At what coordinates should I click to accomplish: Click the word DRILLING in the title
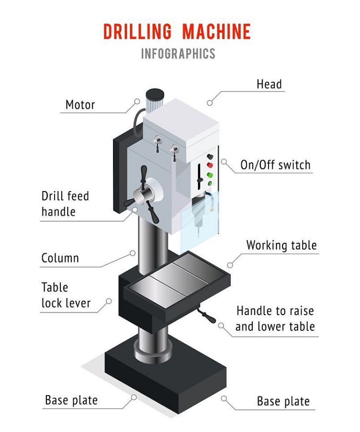pyautogui.click(x=137, y=32)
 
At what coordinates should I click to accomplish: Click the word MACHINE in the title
pyautogui.click(x=216, y=32)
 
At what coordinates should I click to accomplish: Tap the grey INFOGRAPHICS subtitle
pyautogui.click(x=178, y=54)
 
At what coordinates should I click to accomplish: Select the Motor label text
pyautogui.click(x=80, y=104)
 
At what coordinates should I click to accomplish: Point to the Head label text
pyautogui.click(x=269, y=84)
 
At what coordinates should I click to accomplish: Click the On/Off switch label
pyautogui.click(x=275, y=165)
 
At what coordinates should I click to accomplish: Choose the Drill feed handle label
pyautogui.click(x=65, y=204)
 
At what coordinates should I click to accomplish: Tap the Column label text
pyautogui.click(x=60, y=258)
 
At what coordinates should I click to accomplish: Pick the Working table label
pyautogui.click(x=281, y=246)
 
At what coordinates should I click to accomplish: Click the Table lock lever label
pyautogui.click(x=66, y=295)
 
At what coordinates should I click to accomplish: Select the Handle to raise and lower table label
pyautogui.click(x=275, y=318)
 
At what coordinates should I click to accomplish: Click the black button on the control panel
pyautogui.click(x=209, y=157)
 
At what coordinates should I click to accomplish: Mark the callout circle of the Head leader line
pyautogui.click(x=210, y=102)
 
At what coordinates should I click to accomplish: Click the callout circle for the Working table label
pyautogui.click(x=230, y=264)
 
